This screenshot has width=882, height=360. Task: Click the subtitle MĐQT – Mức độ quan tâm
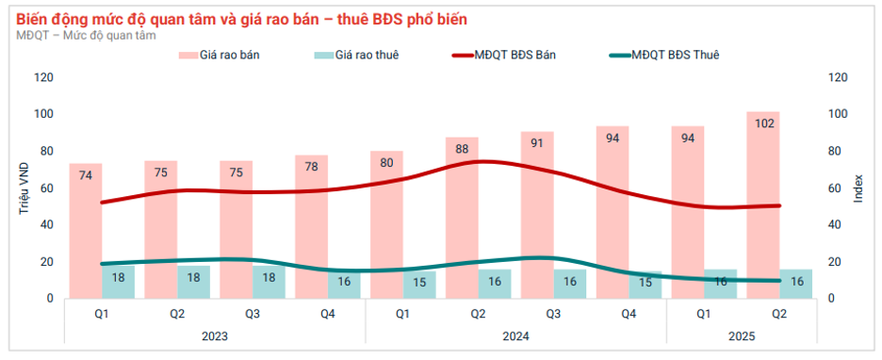[87, 35]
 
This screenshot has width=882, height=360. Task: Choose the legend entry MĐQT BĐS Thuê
[664, 56]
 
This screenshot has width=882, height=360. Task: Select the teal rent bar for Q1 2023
[119, 281]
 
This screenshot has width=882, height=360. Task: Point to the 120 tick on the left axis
[43, 77]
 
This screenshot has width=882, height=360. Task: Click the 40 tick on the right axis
[834, 224]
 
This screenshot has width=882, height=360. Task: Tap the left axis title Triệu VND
[24, 188]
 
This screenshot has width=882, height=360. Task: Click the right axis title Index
[857, 188]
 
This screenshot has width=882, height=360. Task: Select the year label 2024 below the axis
[515, 335]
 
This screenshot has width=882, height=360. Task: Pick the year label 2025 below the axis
[742, 335]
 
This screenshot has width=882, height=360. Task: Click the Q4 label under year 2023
[327, 314]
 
